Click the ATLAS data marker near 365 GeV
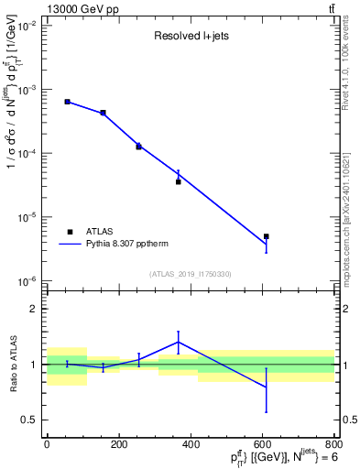click(x=179, y=181)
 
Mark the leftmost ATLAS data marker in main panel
click(x=68, y=102)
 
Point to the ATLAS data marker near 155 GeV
click(x=104, y=113)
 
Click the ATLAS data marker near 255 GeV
click(x=139, y=147)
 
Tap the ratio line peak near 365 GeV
click(x=179, y=342)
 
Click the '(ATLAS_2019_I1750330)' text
click(x=191, y=274)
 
